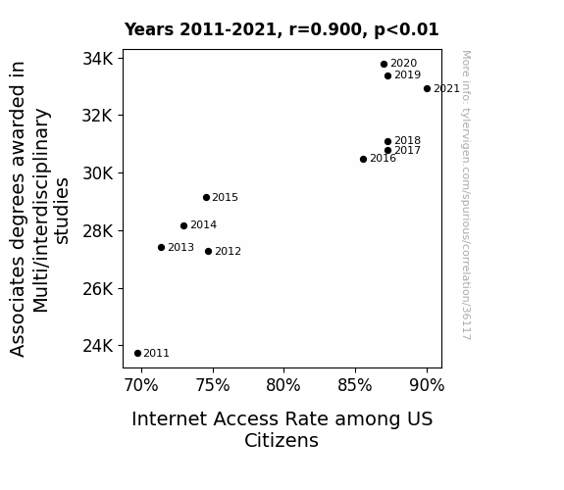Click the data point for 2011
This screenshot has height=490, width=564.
click(137, 354)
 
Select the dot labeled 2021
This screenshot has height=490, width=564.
click(427, 88)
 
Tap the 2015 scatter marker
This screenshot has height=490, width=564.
click(206, 197)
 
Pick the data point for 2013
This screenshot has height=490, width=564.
click(161, 247)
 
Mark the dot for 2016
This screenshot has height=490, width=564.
click(363, 159)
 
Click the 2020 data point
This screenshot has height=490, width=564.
click(384, 64)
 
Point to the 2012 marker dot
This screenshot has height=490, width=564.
click(208, 251)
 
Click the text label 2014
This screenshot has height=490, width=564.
click(204, 224)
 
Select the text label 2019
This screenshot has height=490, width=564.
click(407, 74)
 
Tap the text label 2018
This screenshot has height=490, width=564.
click(407, 140)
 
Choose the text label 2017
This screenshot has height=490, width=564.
click(407, 150)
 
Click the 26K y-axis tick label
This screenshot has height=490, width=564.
click(98, 289)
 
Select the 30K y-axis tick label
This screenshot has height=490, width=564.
click(98, 173)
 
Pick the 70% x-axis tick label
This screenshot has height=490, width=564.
click(141, 385)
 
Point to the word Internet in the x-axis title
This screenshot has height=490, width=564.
click(169, 418)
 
